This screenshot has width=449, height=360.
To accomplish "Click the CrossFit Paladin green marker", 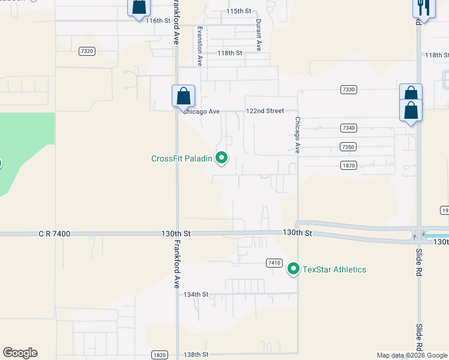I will tap(221, 158).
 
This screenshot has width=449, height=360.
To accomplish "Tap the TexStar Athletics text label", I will tap(334, 269).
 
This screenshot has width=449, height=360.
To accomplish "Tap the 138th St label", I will tap(196, 355).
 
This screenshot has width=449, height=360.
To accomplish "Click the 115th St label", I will tap(239, 11).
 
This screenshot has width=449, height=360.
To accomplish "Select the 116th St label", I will tap(158, 20).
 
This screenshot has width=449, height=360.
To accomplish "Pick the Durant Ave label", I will tap(259, 35).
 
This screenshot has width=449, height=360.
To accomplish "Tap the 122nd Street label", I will tap(265, 111).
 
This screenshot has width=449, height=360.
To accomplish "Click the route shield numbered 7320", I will tap(86, 52).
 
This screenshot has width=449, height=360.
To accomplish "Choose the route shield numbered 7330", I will tap(348, 89).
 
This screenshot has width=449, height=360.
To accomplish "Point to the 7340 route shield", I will tap(348, 128).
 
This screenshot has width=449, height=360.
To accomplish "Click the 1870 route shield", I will tap(348, 165).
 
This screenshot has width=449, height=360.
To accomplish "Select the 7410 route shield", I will tap(274, 263).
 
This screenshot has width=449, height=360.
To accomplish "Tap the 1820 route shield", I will tap(158, 355).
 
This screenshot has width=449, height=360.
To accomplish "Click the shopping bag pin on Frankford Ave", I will tap(183, 97).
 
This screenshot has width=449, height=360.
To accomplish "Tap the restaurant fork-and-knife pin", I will tap(424, 7).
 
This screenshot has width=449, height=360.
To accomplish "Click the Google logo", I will tap(20, 353).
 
